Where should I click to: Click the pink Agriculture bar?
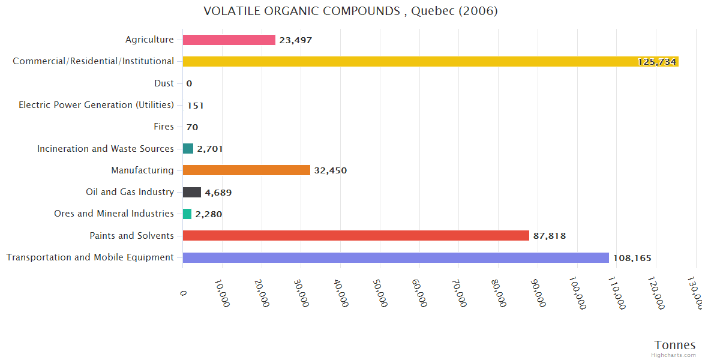pyautogui.click(x=229, y=40)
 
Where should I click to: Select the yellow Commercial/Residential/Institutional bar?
pyautogui.click(x=430, y=62)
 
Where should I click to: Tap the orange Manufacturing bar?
pyautogui.click(x=246, y=170)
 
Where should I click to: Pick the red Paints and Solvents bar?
pyautogui.click(x=356, y=236)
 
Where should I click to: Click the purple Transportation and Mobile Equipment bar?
pyautogui.click(x=395, y=257)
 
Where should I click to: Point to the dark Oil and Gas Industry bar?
pyautogui.click(x=192, y=192)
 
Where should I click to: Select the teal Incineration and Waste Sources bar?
pyautogui.click(x=188, y=149)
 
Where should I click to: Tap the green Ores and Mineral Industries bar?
pyautogui.click(x=187, y=214)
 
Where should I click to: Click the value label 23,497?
pyautogui.click(x=295, y=40)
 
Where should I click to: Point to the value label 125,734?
pyautogui.click(x=657, y=62)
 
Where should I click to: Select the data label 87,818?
pyautogui.click(x=549, y=236)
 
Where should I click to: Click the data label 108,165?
pyautogui.click(x=632, y=258)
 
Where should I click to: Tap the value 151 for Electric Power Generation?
pyautogui.click(x=195, y=106)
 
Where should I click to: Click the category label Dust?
pyautogui.click(x=164, y=83)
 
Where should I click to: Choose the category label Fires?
pyautogui.click(x=164, y=127)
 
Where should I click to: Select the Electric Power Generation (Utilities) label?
pyautogui.click(x=96, y=105)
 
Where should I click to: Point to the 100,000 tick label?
pyautogui.click(x=578, y=293)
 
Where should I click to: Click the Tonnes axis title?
pyautogui.click(x=674, y=345)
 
